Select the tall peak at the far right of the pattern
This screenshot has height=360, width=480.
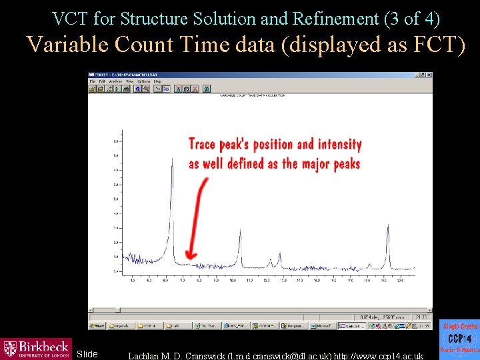[388, 227]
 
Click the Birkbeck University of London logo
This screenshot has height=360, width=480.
[36, 349]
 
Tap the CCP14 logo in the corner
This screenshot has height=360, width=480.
[459, 339]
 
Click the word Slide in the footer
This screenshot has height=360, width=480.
[87, 354]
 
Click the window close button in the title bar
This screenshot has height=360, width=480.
[428, 75]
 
